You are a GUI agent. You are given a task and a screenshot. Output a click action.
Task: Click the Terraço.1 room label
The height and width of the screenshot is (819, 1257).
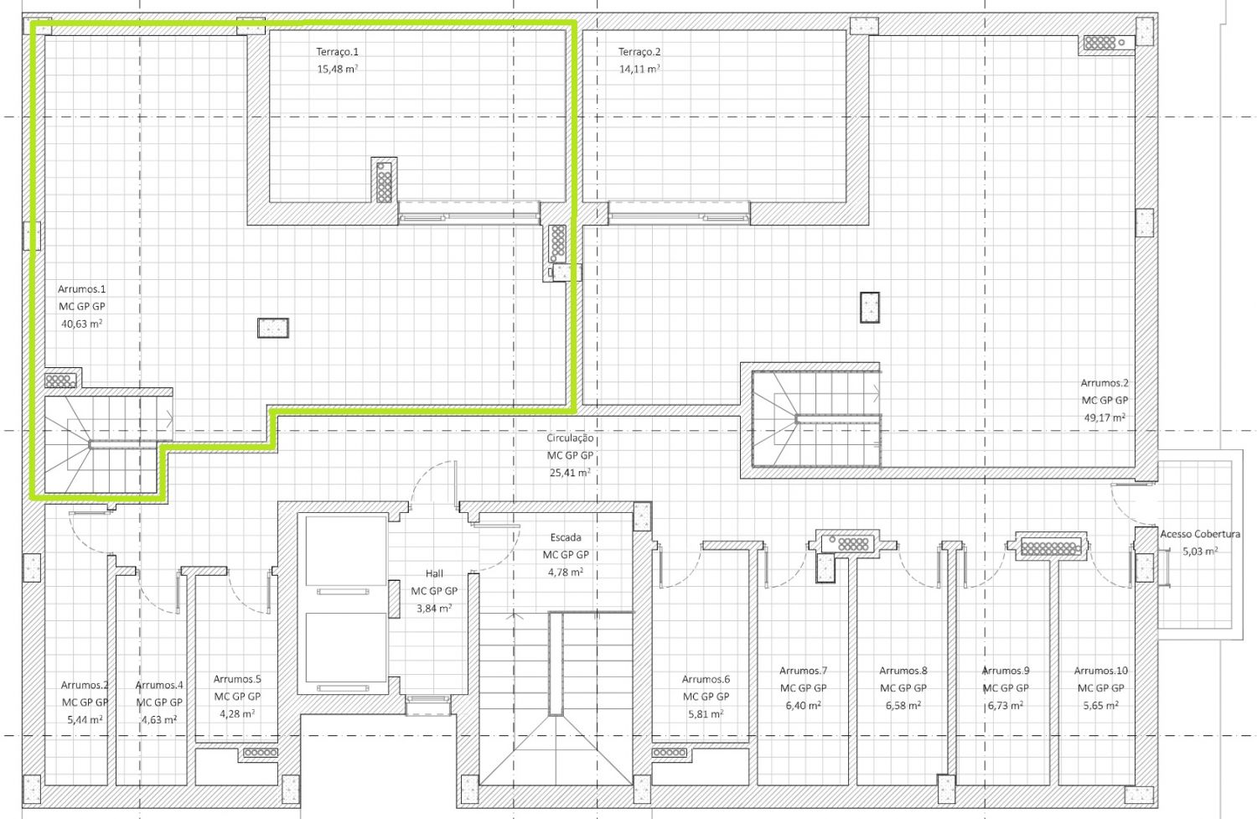click(x=337, y=52)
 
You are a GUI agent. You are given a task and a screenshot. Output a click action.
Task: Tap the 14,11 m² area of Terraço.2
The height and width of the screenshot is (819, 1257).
click(x=639, y=69)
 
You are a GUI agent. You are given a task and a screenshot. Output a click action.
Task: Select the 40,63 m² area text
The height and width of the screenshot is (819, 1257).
click(x=81, y=324)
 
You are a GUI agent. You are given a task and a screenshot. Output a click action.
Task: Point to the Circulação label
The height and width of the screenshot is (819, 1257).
click(x=570, y=438)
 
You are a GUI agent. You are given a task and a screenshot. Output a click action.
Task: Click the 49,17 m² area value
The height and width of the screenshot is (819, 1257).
click(x=1104, y=417)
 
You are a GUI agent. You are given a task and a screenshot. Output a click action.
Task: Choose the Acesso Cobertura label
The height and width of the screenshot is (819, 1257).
click(x=1200, y=534)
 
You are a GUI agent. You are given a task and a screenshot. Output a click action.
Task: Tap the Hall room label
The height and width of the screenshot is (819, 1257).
click(x=434, y=573)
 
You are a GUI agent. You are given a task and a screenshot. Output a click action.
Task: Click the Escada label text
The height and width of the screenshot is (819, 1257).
click(x=566, y=537)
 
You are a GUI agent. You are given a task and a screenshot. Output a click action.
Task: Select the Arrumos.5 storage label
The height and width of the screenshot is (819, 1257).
click(x=237, y=679)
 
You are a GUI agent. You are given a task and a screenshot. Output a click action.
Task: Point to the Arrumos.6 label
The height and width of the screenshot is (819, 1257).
click(x=706, y=679)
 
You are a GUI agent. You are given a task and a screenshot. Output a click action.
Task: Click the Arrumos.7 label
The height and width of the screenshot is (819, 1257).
click(x=803, y=671)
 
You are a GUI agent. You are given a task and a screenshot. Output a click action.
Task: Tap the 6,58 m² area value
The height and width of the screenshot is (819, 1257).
click(x=903, y=705)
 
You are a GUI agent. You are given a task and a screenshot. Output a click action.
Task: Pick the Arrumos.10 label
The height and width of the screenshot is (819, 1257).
click(x=1100, y=671)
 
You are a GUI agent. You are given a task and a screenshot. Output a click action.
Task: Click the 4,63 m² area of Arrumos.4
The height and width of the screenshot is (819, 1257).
click(x=159, y=719)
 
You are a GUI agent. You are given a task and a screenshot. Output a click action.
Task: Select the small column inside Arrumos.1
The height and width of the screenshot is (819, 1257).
click(x=273, y=328)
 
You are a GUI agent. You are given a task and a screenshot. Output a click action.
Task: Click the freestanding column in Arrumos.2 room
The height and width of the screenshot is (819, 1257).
click(x=870, y=307)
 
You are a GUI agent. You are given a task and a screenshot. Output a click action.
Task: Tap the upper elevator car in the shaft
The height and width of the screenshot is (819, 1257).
click(x=345, y=551)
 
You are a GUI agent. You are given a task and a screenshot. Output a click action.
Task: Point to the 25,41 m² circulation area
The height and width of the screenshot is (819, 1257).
click(x=570, y=473)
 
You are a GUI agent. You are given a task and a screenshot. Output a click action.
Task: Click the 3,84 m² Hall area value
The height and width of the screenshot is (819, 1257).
click(x=434, y=608)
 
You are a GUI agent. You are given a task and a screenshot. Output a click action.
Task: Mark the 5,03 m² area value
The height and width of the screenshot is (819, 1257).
click(x=1200, y=552)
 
